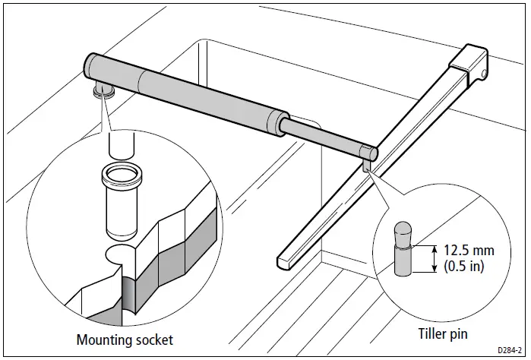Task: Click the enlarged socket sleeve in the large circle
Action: click(120, 205)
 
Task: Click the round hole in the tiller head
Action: click(484, 73)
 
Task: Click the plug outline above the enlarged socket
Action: click(119, 142)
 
